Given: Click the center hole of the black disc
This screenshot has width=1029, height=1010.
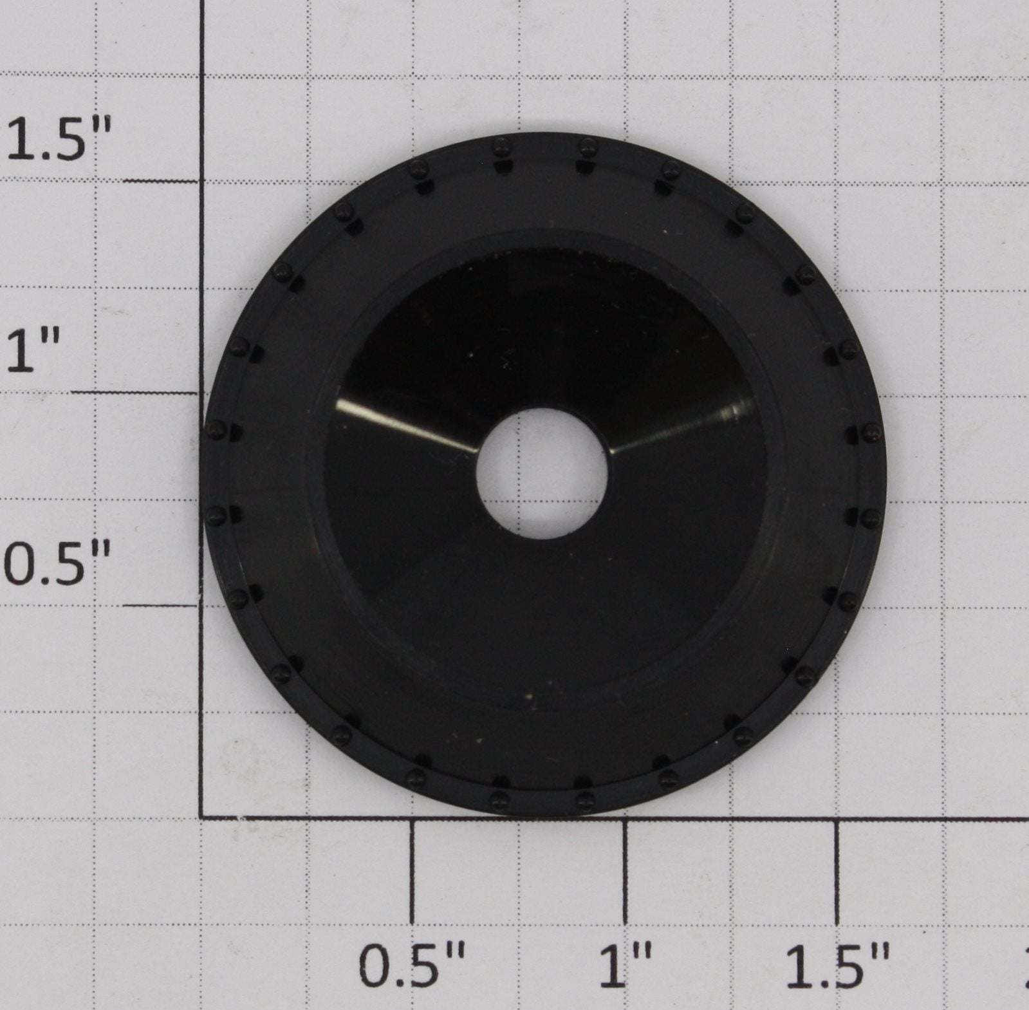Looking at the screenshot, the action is (542, 473).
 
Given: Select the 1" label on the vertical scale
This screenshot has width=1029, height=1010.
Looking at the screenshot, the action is (33, 351).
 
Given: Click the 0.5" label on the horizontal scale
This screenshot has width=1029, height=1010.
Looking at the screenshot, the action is (411, 966).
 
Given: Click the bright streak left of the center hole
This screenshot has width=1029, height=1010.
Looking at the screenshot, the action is (405, 425).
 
